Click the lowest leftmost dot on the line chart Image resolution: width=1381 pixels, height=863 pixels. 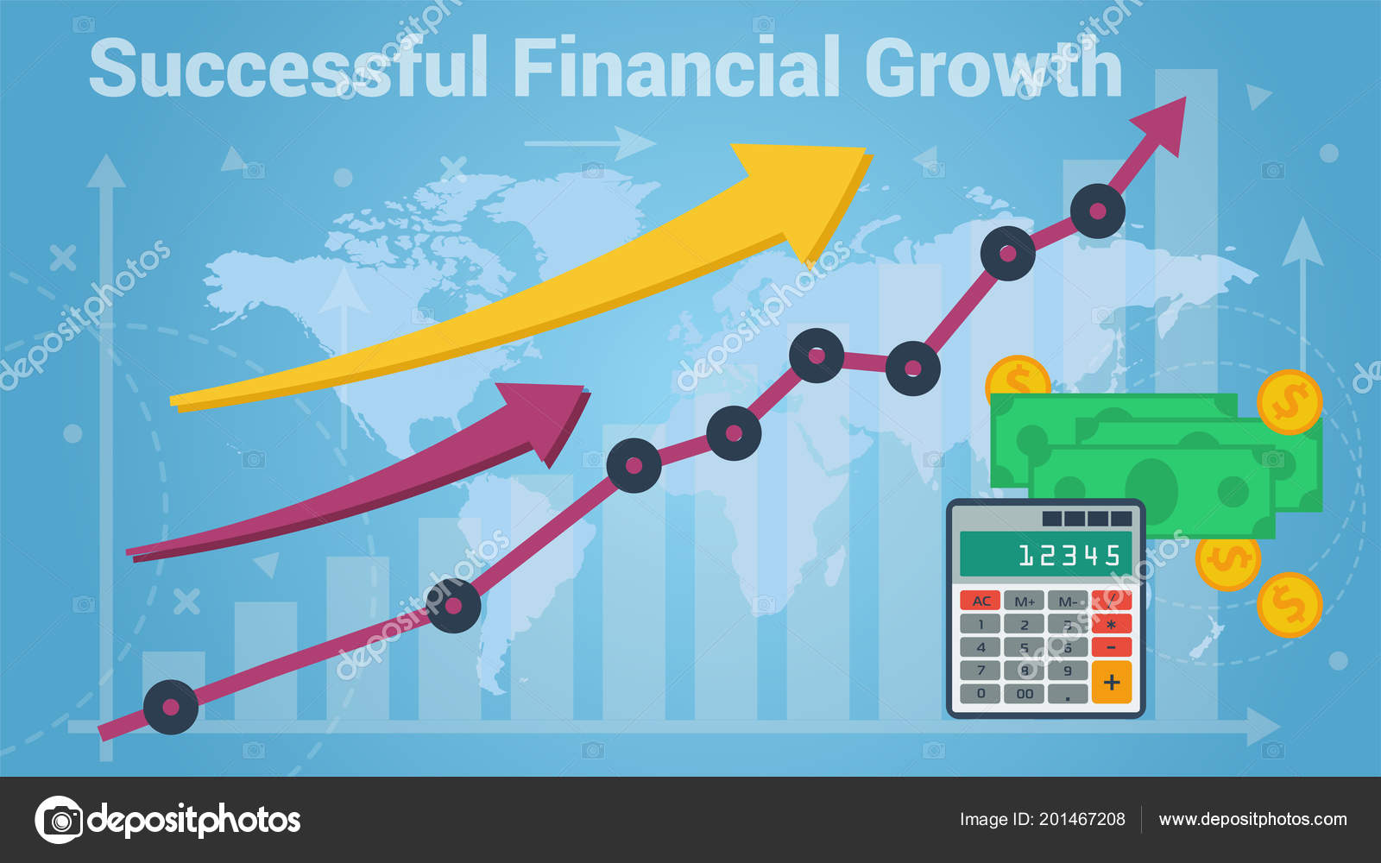pos(170,707)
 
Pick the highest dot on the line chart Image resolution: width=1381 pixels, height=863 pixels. pos(1097,211)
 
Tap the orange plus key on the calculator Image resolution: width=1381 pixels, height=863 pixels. pos(1111,682)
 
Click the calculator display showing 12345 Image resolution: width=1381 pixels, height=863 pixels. pos(1045,554)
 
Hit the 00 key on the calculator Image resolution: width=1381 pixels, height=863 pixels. pos(1025,693)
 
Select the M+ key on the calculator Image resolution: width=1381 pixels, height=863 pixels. pos(1025,601)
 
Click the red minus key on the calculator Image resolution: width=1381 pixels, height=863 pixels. pos(1111,646)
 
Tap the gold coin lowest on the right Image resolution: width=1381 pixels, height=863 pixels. pos(1289,605)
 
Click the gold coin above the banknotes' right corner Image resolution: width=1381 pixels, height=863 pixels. pos(1289,402)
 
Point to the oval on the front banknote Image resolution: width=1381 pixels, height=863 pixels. pos(1151,488)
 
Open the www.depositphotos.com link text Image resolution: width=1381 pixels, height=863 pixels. pos(1252,819)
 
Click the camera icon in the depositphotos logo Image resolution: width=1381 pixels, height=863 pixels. pos(59,819)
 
